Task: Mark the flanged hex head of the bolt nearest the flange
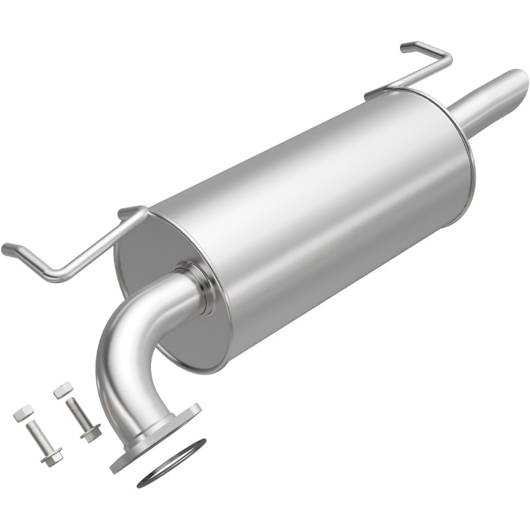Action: (91, 433)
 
